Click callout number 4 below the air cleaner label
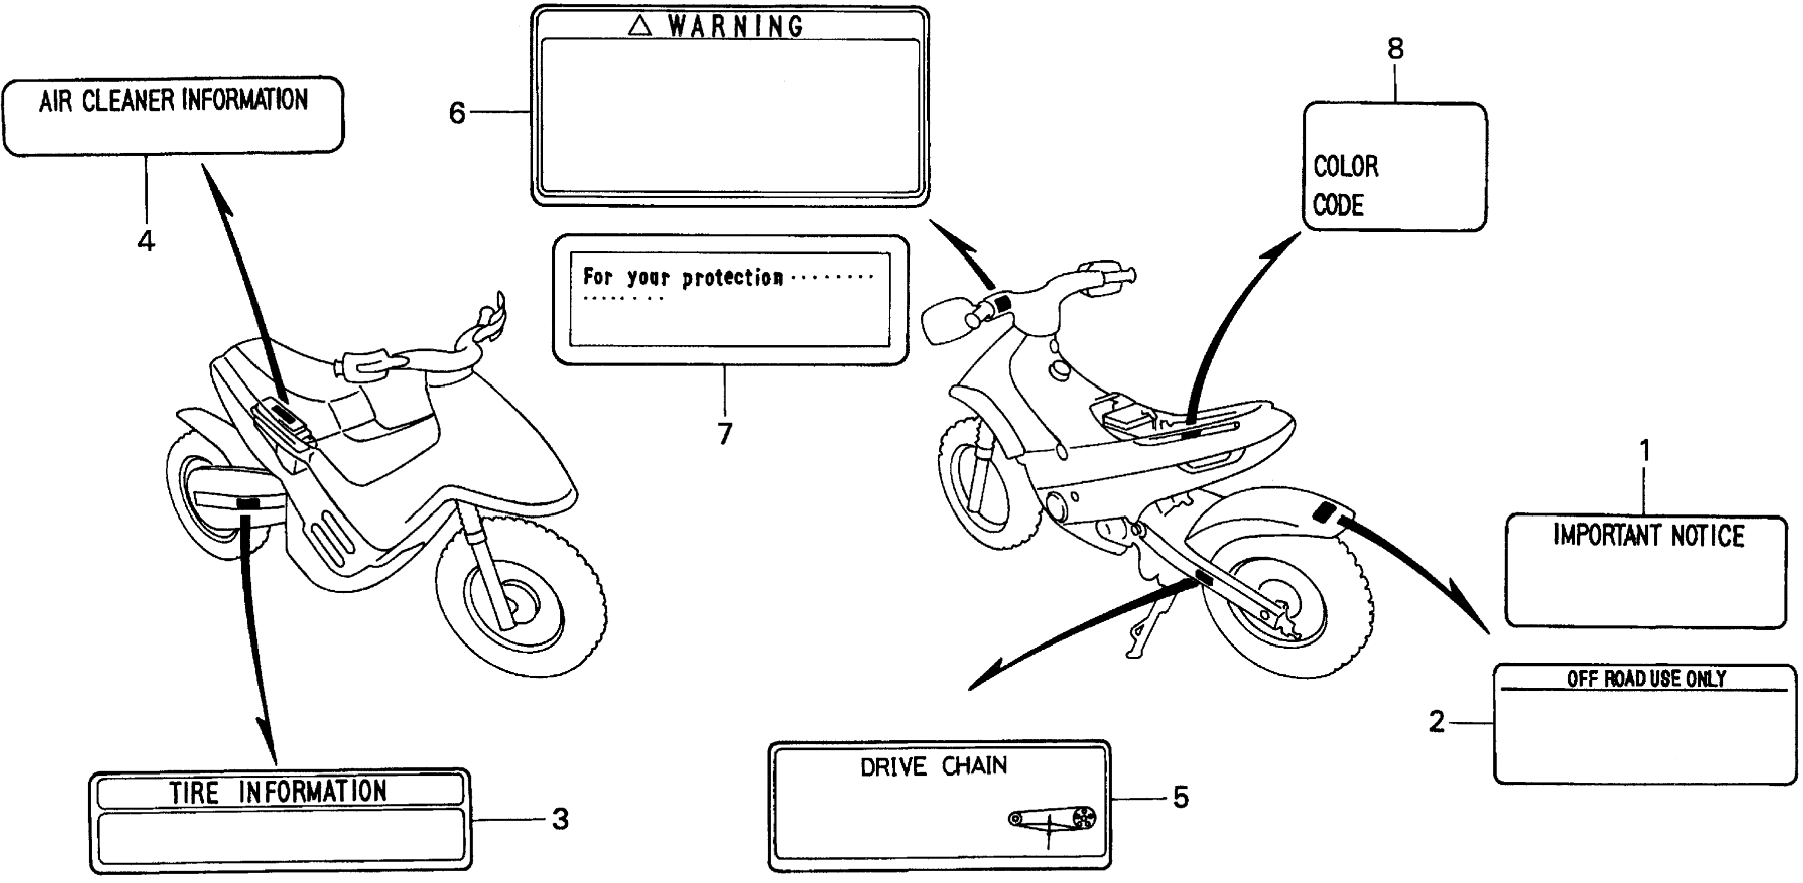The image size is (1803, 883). pos(146,241)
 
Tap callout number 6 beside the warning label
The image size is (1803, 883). pos(457,113)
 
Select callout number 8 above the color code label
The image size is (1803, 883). pos(1395,49)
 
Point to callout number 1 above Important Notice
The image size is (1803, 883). pos(1645,452)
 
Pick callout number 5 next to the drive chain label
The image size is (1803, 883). pos(1181,797)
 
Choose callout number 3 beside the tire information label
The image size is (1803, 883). pos(560,819)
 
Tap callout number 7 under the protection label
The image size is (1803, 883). pos(725,434)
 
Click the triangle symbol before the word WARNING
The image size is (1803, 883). pos(640,27)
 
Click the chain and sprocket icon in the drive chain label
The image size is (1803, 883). pos(1052,818)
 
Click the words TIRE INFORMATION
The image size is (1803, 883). pos(278,792)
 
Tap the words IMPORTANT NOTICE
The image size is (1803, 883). pos(1648,536)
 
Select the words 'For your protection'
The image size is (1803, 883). pos(682,278)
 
